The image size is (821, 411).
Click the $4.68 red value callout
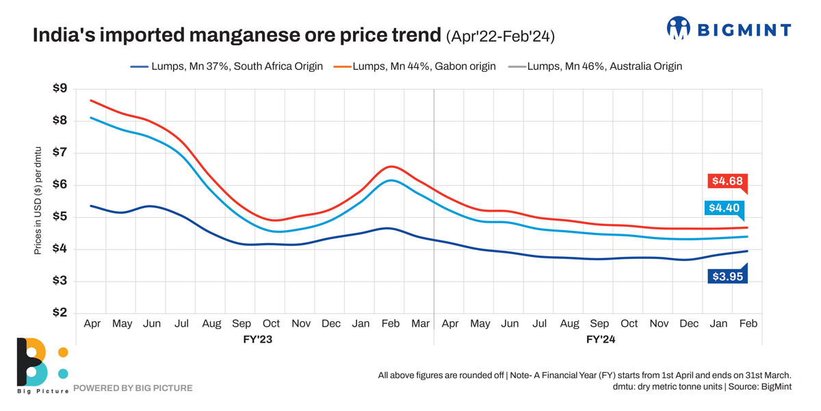727,182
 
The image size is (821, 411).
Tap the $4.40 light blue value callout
722,208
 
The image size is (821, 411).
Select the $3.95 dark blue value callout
727,277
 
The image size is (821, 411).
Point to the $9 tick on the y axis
60,88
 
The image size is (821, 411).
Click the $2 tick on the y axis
60,313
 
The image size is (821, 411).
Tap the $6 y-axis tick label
60,184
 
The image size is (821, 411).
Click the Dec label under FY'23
330,323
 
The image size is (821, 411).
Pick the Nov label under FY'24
659,323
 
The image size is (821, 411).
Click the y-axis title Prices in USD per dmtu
38,200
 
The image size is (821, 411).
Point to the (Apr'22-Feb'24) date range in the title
499,36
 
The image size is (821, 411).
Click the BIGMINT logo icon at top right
679,28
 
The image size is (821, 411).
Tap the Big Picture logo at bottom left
42,364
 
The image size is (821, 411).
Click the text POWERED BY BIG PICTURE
133,388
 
